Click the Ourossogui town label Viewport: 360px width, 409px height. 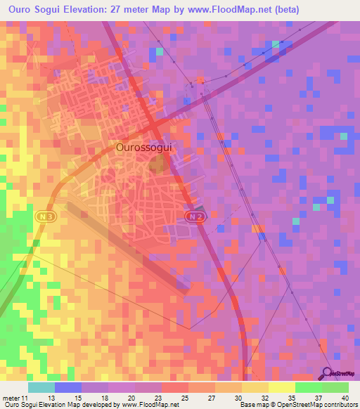pyautogui.click(x=143, y=148)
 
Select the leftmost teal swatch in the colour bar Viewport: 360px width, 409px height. pyautogui.click(x=41, y=387)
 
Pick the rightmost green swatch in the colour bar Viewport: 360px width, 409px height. pyautogui.click(x=335, y=387)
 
